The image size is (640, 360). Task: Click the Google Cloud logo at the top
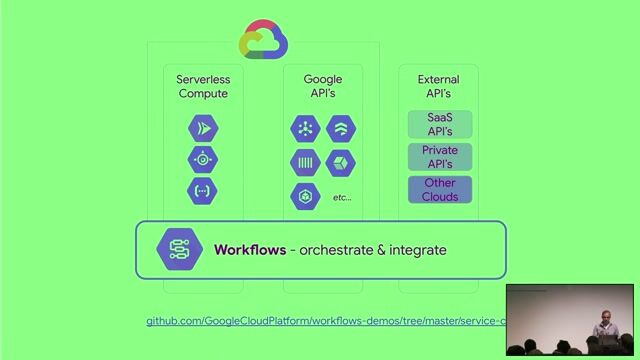tap(264, 40)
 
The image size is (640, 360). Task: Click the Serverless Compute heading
tap(202, 86)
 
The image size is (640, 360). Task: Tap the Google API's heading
tap(322, 86)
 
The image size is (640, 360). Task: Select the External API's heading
tap(438, 86)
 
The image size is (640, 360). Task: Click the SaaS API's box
tap(440, 124)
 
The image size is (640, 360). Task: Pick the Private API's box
tap(440, 157)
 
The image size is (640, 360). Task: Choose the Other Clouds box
tap(440, 190)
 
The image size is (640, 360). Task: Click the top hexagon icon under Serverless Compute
tap(202, 128)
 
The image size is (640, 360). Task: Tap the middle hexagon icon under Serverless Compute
tap(202, 159)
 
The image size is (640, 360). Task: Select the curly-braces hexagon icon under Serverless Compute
tap(202, 190)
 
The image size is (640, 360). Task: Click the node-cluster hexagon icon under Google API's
tap(304, 128)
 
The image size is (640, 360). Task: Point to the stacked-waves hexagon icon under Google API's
tap(342, 128)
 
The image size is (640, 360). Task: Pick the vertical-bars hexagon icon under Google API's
tap(304, 162)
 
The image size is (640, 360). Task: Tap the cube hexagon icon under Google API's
tap(342, 162)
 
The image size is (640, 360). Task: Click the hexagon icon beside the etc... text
tap(304, 197)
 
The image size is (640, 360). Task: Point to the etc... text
tap(342, 198)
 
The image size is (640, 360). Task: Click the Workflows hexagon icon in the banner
tap(180, 249)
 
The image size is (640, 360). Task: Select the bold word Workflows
tap(249, 249)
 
